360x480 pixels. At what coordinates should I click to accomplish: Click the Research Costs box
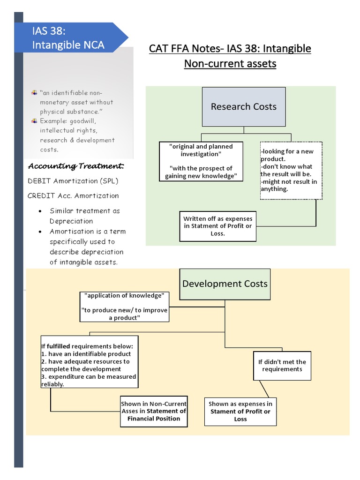point(243,107)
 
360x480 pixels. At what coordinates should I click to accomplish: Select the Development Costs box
point(225,284)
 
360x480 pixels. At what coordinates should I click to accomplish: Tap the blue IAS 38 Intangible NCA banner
point(70,38)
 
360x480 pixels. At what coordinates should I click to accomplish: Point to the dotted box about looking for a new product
point(291,170)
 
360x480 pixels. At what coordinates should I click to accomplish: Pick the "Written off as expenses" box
point(217,226)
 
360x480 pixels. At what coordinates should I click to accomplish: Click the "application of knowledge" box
point(124,307)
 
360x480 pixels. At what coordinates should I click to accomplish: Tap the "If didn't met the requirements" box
point(282,365)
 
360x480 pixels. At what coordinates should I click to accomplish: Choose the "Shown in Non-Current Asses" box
point(154,411)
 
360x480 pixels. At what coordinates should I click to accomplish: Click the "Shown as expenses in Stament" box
point(240,411)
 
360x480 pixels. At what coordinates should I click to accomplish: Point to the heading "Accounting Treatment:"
point(76,166)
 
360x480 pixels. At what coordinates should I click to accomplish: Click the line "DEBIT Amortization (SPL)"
point(73,181)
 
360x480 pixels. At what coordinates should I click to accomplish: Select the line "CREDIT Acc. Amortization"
point(73,196)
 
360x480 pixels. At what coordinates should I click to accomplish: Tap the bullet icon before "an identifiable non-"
point(34,93)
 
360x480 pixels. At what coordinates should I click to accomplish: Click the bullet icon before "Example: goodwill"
point(34,121)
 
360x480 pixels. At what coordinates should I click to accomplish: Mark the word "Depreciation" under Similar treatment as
point(71,221)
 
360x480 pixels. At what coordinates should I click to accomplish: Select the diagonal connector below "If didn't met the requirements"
point(266,389)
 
